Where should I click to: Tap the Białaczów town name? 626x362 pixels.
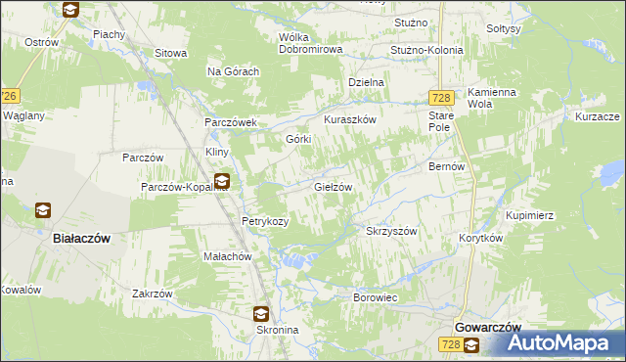pyautogui.click(x=80, y=238)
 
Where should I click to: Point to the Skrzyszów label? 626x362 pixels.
pyautogui.click(x=391, y=232)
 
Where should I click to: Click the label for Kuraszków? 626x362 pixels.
pyautogui.click(x=350, y=119)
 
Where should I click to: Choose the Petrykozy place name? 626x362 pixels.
pyautogui.click(x=265, y=222)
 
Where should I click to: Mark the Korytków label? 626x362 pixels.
pyautogui.click(x=480, y=238)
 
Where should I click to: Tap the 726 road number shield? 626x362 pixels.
pyautogui.click(x=9, y=96)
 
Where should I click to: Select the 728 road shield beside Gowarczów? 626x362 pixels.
pyautogui.click(x=450, y=344)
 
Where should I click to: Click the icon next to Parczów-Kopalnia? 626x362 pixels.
pyautogui.click(x=222, y=182)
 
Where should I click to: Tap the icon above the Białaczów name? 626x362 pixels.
pyautogui.click(x=43, y=210)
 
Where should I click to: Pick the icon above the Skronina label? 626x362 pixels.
pyautogui.click(x=261, y=314)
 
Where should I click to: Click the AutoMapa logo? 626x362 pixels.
pyautogui.click(x=559, y=342)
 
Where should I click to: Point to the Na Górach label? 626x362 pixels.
pyautogui.click(x=233, y=71)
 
